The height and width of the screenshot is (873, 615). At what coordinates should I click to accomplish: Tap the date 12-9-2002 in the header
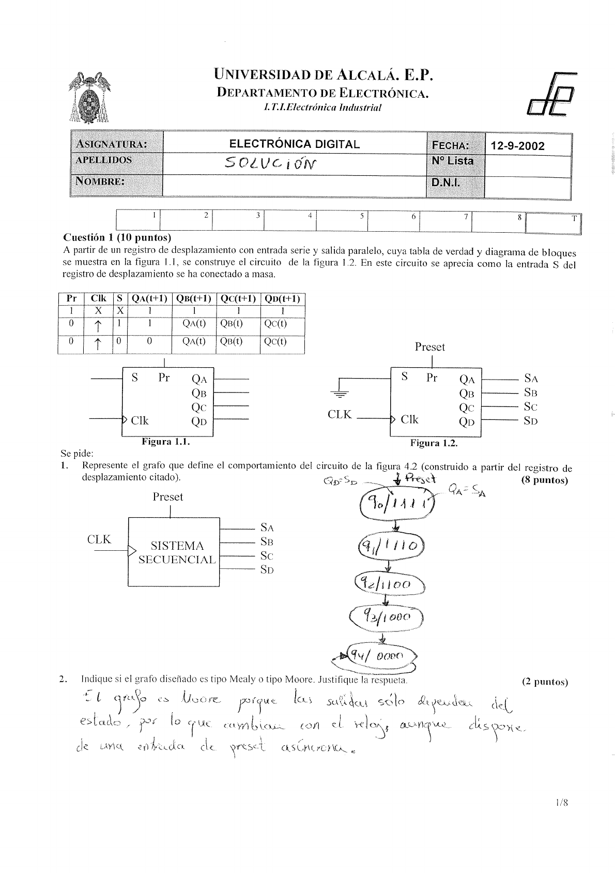(x=517, y=146)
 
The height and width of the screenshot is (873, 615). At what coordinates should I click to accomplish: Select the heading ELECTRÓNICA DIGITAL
(x=294, y=144)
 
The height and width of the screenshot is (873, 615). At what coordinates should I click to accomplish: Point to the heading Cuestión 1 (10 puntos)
(x=117, y=238)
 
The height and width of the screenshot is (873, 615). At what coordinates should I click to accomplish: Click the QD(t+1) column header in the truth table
(x=283, y=299)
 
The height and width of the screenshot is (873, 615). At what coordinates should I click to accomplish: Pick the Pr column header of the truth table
(x=71, y=299)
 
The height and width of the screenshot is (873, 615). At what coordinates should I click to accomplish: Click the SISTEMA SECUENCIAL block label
(x=177, y=552)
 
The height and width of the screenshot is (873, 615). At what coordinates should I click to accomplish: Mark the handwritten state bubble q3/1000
(x=387, y=617)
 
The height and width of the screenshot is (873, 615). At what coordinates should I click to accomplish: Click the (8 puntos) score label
(x=545, y=480)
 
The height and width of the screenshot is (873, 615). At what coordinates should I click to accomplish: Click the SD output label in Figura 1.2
(x=531, y=421)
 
